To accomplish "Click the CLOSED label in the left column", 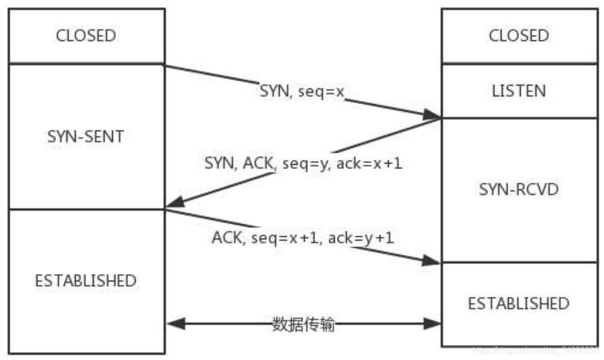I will (86, 36).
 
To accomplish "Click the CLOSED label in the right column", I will (519, 36).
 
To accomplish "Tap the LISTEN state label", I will (519, 91).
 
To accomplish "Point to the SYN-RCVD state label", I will (519, 190).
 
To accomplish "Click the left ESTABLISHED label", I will (86, 280).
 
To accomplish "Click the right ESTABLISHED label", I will (519, 303).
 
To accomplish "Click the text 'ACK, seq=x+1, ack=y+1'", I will (303, 238).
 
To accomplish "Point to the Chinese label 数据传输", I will (303, 325).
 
